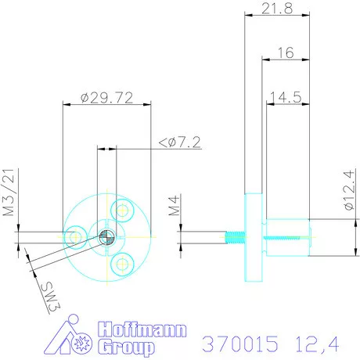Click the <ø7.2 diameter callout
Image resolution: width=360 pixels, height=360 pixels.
(180, 142)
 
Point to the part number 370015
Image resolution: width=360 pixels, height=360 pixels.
(239, 343)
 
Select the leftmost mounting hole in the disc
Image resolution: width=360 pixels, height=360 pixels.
(77, 236)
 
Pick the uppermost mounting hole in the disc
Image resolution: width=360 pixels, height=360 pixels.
(121, 209)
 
